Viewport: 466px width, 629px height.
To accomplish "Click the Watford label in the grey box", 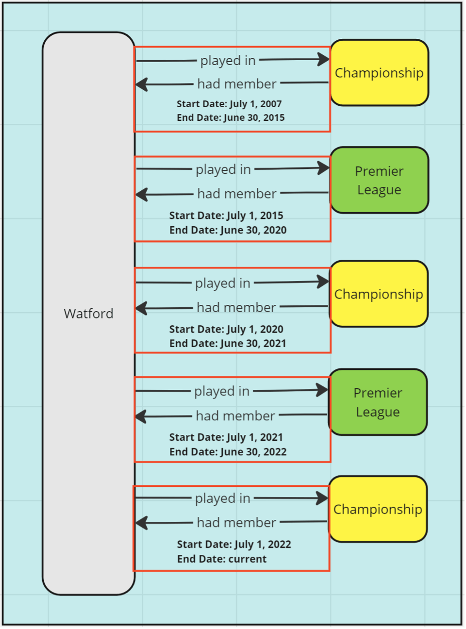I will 88,314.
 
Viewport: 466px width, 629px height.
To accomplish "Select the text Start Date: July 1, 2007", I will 229,104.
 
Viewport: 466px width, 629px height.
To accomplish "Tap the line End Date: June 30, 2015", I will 231,117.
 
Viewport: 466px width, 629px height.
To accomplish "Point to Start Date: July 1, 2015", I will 226,215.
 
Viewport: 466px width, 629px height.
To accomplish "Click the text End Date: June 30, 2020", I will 228,230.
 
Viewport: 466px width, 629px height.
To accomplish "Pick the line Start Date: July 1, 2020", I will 226,329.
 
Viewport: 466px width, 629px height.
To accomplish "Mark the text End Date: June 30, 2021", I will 228,344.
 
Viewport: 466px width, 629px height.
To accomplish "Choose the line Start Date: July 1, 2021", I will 226,437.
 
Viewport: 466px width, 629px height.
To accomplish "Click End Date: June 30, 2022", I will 228,452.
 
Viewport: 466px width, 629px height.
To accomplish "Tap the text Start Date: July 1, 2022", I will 234,545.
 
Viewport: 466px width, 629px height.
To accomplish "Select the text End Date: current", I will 222,559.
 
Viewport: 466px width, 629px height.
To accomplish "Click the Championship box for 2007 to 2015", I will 379,73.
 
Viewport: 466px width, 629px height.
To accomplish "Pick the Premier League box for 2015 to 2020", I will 379,180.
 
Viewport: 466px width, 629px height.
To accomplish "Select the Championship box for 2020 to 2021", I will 379,294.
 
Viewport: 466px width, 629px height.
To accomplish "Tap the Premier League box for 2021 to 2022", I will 378,402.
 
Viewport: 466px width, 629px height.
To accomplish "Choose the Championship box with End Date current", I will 378,509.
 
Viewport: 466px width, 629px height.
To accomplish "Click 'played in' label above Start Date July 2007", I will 228,61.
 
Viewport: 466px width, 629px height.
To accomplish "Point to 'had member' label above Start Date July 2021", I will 235,416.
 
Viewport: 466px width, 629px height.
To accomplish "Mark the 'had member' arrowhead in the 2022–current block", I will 141,523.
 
